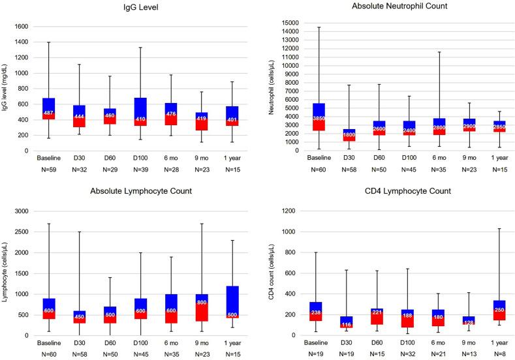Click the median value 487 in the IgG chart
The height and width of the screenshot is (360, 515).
(x=48, y=113)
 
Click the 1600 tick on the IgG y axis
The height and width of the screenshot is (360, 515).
(x=22, y=27)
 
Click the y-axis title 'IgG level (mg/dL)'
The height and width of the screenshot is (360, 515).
(x=6, y=89)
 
